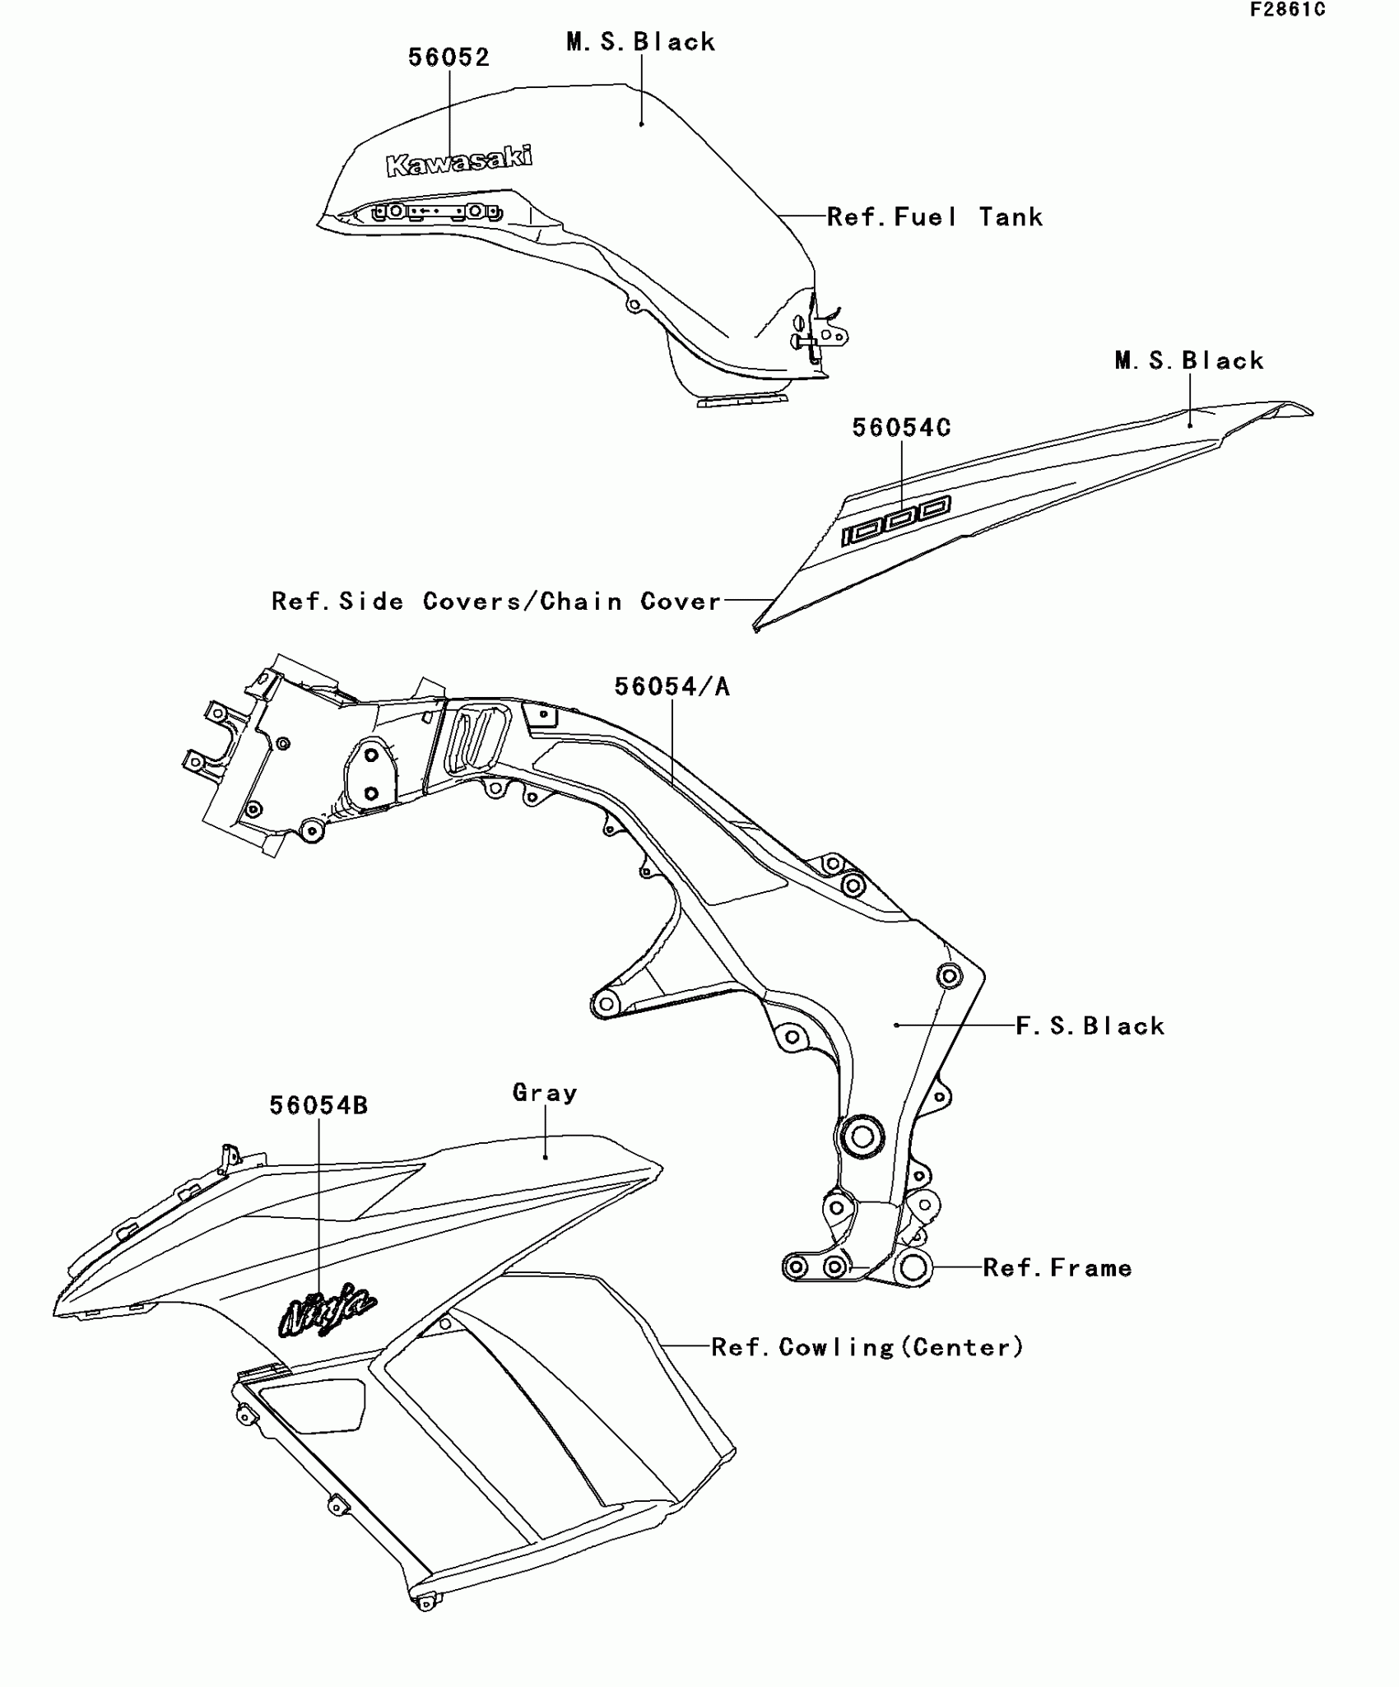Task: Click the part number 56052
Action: tap(449, 58)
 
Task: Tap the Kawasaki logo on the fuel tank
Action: tap(459, 160)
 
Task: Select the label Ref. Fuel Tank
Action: tap(934, 217)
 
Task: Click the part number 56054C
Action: tap(900, 428)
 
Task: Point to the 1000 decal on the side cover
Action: tap(895, 521)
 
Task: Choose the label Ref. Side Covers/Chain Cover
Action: tap(496, 602)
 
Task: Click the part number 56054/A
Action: tap(672, 686)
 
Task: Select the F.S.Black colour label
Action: tap(1090, 1026)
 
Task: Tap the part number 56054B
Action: tap(318, 1106)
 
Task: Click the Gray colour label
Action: tap(545, 1093)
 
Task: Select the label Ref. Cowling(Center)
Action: tap(867, 1347)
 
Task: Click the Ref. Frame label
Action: tap(1057, 1268)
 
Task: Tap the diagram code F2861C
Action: tap(1287, 10)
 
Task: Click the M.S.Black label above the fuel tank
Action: tap(640, 42)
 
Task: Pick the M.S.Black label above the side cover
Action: tap(1189, 360)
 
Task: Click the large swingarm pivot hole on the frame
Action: tap(861, 1138)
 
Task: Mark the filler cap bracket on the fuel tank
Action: tap(436, 211)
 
